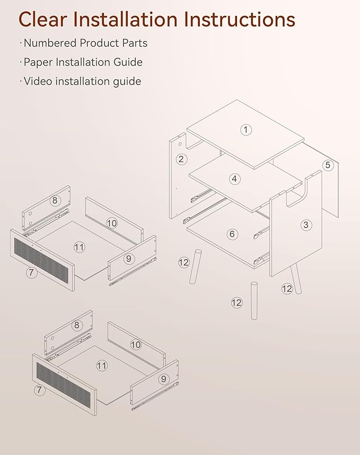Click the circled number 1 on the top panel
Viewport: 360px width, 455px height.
(x=246, y=129)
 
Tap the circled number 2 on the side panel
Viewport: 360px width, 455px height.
(x=181, y=159)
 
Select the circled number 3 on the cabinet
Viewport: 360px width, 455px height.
(x=306, y=225)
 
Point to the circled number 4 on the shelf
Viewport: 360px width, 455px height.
(x=234, y=179)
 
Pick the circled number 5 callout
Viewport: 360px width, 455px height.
(x=328, y=165)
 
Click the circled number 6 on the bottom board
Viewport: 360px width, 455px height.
(x=232, y=234)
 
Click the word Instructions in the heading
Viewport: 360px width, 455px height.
(x=240, y=20)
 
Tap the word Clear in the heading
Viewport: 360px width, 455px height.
(x=43, y=20)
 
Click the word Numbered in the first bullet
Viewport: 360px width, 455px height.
(x=50, y=43)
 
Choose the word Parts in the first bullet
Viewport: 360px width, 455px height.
(x=135, y=43)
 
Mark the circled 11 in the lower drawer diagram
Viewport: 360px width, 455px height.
(x=101, y=365)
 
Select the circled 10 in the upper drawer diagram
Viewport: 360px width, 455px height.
(x=112, y=223)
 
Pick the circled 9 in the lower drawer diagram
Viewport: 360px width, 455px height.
(x=164, y=379)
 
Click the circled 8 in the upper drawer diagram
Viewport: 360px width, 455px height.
(x=55, y=200)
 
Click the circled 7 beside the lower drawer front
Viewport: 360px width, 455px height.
(x=40, y=390)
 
